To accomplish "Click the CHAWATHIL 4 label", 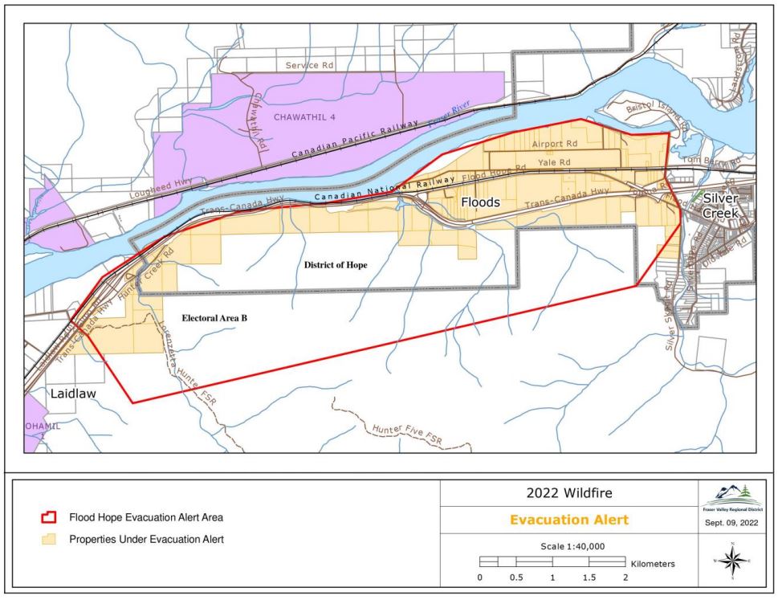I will tap(304, 117).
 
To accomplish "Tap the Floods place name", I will tap(481, 203).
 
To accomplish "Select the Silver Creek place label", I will tap(719, 206).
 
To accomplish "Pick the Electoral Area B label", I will tap(214, 318).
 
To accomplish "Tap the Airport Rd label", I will tap(554, 144).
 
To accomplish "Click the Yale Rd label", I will tap(554, 161).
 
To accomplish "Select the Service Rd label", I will tap(308, 63).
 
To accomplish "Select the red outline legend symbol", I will tap(51, 516).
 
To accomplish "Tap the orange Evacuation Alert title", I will tap(568, 520).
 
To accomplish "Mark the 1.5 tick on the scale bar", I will tap(589, 578).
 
